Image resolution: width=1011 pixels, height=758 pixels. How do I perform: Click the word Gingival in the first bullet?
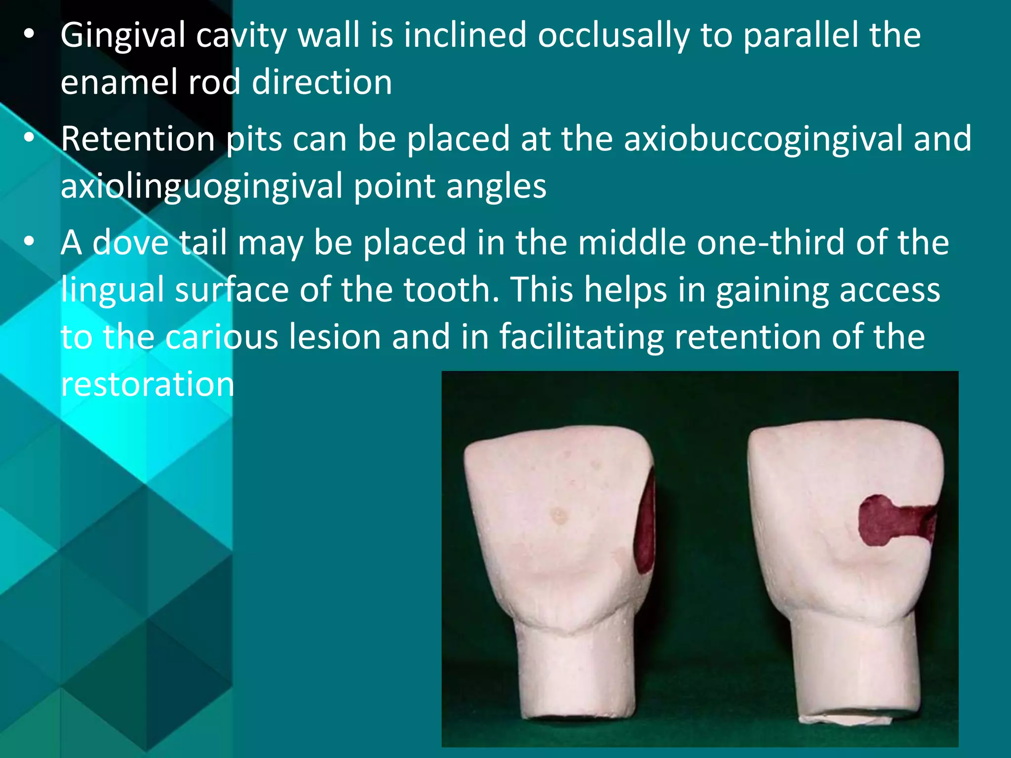122,36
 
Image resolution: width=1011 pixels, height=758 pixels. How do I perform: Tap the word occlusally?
613,36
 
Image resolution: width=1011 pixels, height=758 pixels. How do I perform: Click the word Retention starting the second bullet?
138,139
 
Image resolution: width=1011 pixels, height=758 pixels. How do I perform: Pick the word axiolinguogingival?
201,186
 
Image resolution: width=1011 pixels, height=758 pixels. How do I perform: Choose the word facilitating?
581,337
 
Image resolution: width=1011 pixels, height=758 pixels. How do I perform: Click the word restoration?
147,384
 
